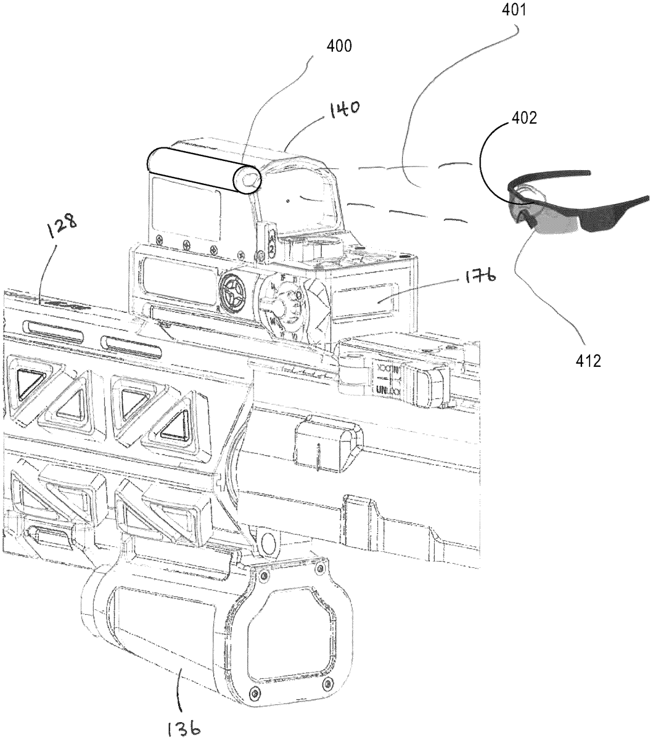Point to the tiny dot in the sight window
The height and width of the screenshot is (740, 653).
pos(288,200)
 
